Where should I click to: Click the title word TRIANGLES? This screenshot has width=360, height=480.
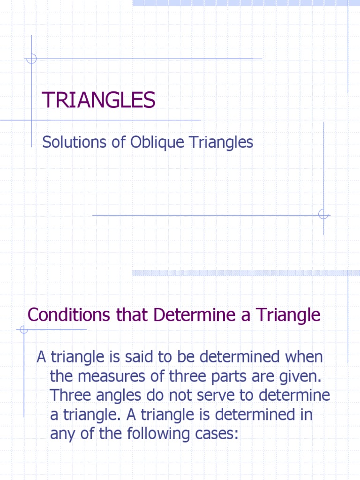click(x=98, y=100)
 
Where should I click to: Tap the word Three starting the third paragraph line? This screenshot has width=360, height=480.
click(x=70, y=396)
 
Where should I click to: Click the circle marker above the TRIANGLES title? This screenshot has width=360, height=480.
click(x=31, y=59)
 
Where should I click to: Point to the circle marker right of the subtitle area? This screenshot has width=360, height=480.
click(x=323, y=215)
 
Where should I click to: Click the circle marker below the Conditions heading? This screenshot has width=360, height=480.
click(x=23, y=330)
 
